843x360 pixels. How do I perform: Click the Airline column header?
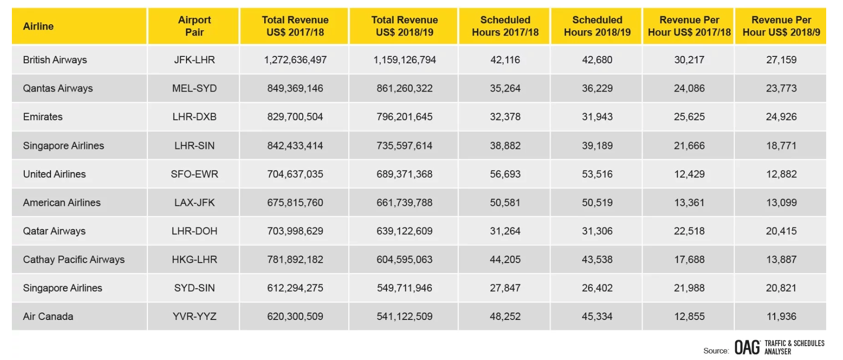38,26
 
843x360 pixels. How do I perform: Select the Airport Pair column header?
194,26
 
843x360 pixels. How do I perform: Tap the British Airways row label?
55,60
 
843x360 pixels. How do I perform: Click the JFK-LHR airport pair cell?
194,60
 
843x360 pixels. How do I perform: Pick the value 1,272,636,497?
295,60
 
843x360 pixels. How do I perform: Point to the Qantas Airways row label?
58,89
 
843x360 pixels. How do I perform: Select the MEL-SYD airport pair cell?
194,89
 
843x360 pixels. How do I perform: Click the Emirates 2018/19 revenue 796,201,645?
404,117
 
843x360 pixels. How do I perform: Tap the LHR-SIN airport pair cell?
194,146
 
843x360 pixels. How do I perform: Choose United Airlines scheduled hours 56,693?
505,174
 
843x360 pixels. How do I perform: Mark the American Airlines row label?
62,203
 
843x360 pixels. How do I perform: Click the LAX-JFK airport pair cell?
194,203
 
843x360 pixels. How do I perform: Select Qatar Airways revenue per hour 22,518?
689,231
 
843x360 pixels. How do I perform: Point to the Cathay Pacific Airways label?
74,260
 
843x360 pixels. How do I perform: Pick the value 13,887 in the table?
781,260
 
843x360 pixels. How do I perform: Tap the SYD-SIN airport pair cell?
194,288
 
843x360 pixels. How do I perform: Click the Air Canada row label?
48,316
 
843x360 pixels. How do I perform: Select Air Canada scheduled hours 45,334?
597,316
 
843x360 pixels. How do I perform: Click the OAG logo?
747,347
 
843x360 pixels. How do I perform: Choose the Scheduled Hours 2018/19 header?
597,26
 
